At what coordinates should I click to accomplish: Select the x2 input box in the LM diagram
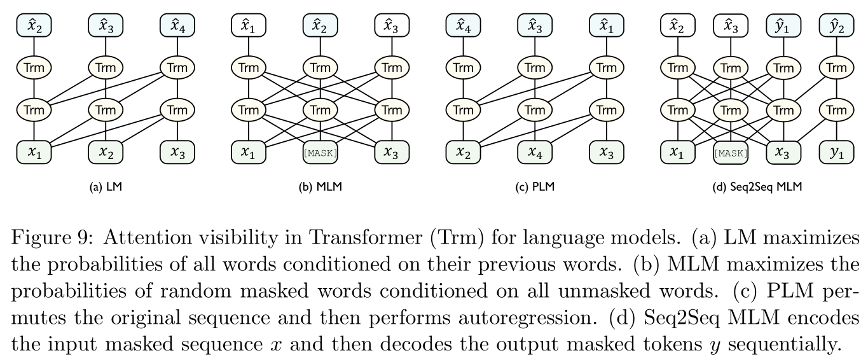point(106,153)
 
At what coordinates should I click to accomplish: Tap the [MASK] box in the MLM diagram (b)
point(320,153)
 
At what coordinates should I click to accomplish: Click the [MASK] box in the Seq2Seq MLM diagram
point(731,153)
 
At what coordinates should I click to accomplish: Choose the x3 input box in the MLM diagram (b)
point(391,153)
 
